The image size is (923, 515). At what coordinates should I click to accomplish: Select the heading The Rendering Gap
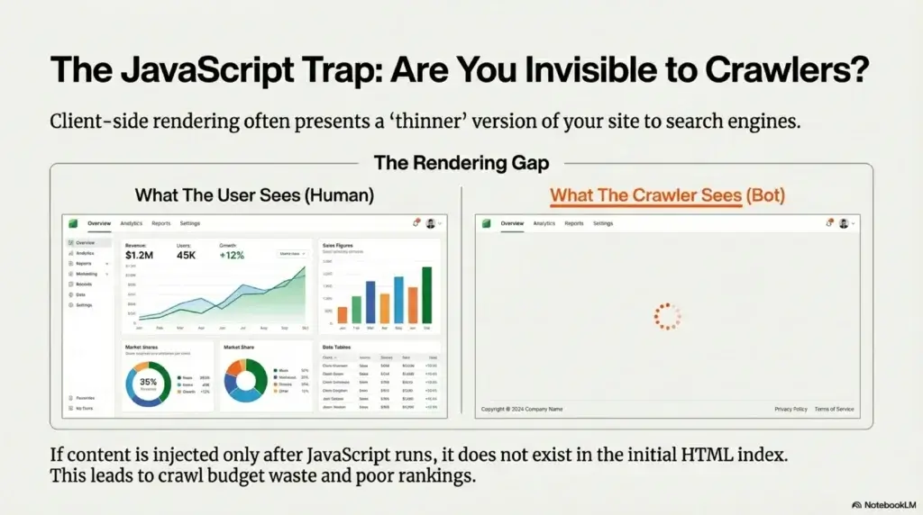pyautogui.click(x=461, y=164)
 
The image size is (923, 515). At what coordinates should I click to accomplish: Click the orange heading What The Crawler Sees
pyautogui.click(x=645, y=195)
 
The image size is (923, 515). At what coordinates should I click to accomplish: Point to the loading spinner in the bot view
pyautogui.click(x=666, y=317)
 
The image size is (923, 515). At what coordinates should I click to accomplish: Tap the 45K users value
pyautogui.click(x=187, y=255)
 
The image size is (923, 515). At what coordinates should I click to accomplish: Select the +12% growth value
pyautogui.click(x=233, y=255)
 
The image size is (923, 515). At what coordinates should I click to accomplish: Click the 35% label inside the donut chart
pyautogui.click(x=148, y=382)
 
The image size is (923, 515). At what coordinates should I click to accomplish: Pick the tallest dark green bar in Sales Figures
pyautogui.click(x=426, y=294)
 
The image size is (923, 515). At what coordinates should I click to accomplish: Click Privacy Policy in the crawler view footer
pyautogui.click(x=790, y=409)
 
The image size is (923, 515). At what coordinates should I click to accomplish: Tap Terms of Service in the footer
pyautogui.click(x=834, y=409)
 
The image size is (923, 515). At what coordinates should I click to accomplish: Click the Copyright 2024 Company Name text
pyautogui.click(x=522, y=409)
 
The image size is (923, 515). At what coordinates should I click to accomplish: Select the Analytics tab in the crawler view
pyautogui.click(x=544, y=223)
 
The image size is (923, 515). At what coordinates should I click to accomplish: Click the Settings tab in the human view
pyautogui.click(x=190, y=223)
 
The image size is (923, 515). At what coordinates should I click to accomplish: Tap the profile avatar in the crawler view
pyautogui.click(x=844, y=223)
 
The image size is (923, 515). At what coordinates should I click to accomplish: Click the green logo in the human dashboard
pyautogui.click(x=73, y=223)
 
